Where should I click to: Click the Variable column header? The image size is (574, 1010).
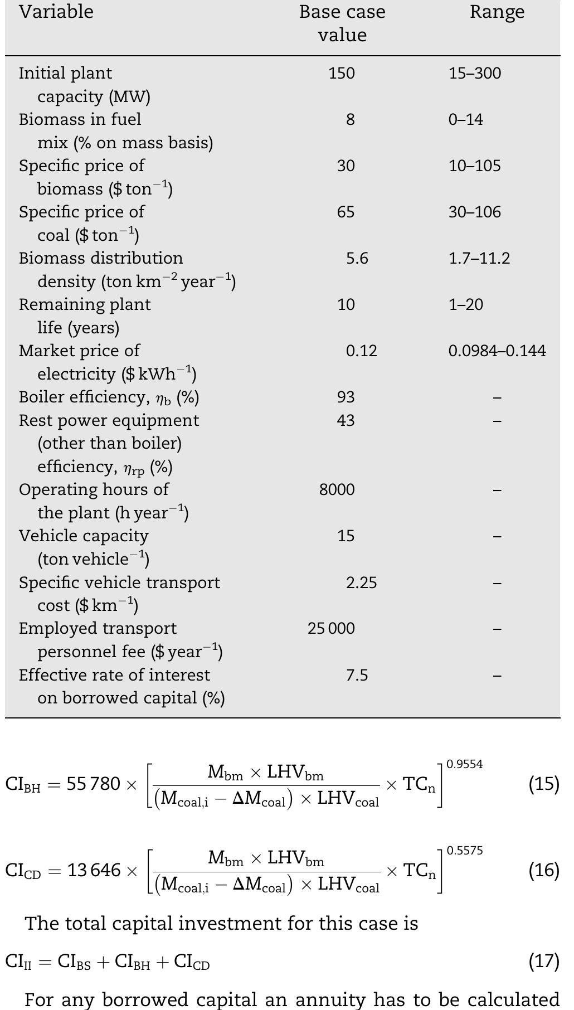point(56,12)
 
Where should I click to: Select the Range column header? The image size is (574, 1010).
point(497,12)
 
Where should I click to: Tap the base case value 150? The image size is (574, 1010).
point(342,74)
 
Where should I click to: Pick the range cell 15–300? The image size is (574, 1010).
point(475,74)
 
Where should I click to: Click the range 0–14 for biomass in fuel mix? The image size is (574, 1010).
point(466,120)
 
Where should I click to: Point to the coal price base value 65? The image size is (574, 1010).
point(346,212)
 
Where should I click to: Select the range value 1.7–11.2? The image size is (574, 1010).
point(479,259)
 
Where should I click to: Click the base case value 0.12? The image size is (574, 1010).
point(361,351)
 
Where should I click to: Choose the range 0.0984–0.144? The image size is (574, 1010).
point(497,351)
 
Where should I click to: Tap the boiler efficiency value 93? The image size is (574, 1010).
point(346,397)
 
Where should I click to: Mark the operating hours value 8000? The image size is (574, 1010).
point(337,490)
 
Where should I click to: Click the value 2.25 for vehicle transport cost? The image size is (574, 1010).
point(361,583)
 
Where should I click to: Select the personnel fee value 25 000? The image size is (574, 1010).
point(331,629)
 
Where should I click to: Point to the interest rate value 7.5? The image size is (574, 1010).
point(357,676)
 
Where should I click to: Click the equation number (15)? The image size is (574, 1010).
point(544,784)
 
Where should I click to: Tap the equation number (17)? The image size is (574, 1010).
point(544,961)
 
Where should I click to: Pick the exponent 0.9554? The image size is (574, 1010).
point(465,765)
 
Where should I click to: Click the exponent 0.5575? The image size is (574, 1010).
point(465,851)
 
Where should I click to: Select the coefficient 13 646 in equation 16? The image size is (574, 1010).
point(94,870)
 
